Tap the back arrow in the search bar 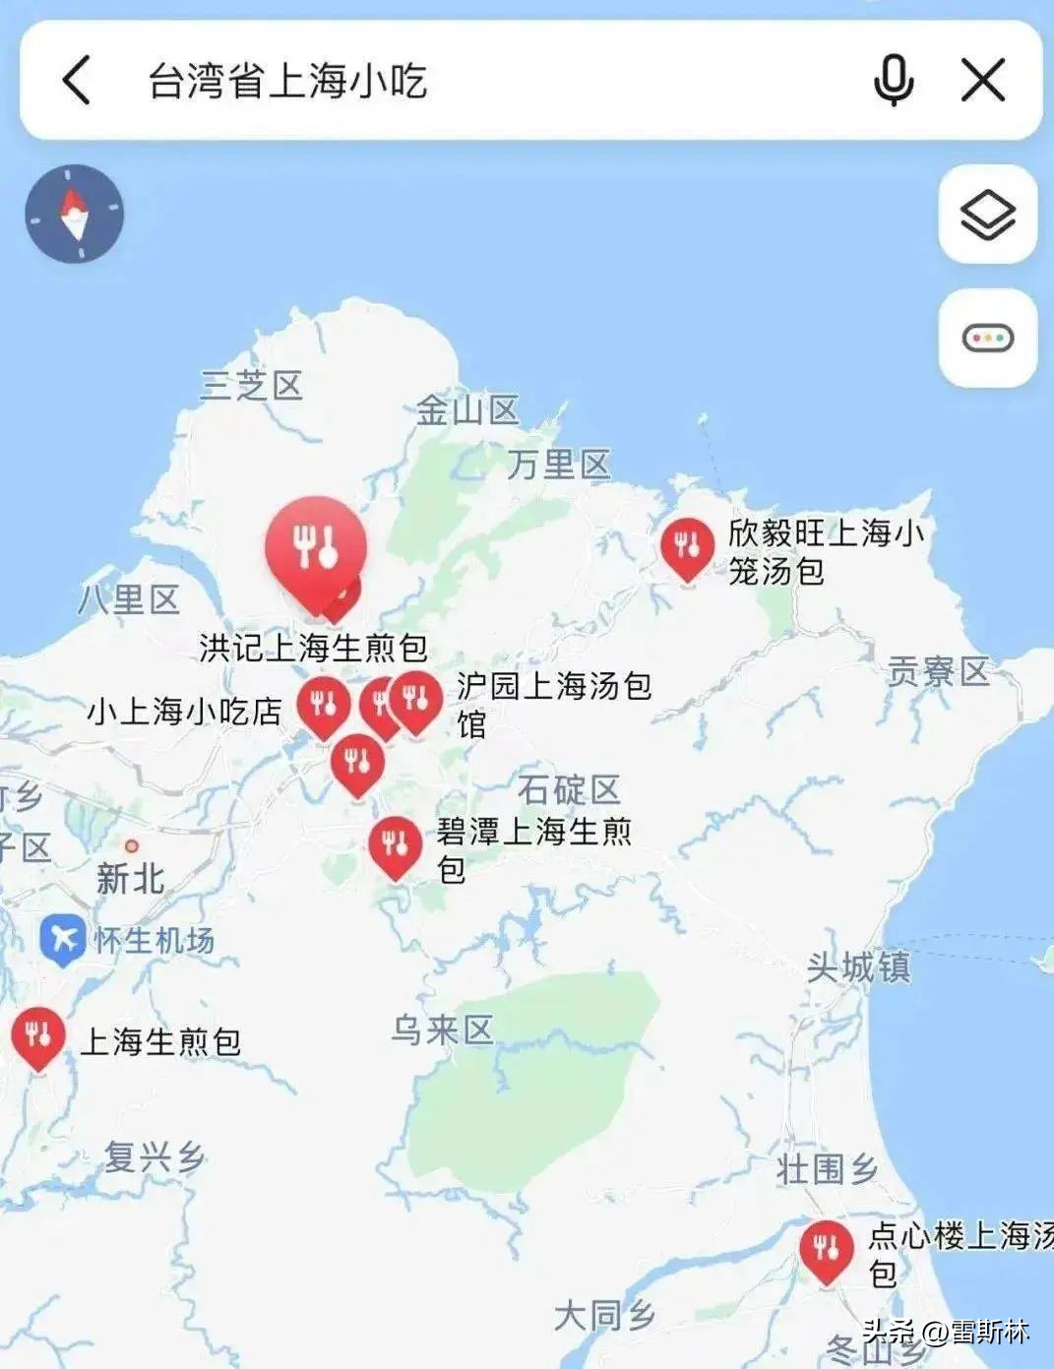point(77,80)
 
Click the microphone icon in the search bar point(893,80)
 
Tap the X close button point(982,80)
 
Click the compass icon point(75,213)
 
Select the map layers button point(987,214)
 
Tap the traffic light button point(987,339)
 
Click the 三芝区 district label point(251,385)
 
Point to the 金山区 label point(466,410)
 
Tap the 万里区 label point(559,464)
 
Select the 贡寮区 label point(937,671)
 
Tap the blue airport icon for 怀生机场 point(63,940)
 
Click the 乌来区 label point(442,1030)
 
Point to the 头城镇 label point(858,967)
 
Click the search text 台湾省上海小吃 point(287,81)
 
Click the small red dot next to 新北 point(131,845)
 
